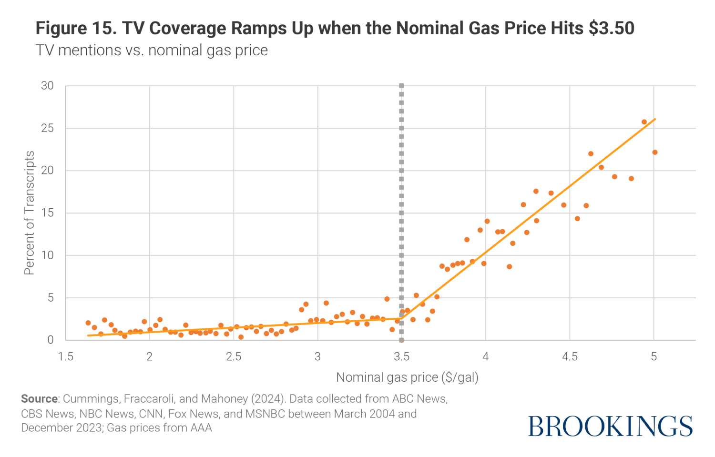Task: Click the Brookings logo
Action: pos(610,426)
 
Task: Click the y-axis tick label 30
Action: pos(47,86)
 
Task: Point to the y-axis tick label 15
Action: pos(47,213)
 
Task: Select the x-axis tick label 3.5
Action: pos(401,357)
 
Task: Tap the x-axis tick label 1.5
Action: pos(65,357)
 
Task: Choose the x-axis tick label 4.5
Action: pos(570,357)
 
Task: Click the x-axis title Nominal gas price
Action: pos(407,377)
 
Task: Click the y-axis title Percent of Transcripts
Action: pos(30,213)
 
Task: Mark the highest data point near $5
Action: pos(644,122)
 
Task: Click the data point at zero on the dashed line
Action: pos(401,340)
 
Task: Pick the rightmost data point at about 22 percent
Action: pos(654,152)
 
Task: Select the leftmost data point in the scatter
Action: pos(88,323)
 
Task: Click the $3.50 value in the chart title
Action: pos(611,29)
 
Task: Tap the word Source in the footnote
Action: pos(39,399)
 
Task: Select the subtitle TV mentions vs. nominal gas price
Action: pos(152,51)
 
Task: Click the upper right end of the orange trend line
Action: pos(655,119)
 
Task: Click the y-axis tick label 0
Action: pos(51,340)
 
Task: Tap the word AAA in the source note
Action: pos(201,428)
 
